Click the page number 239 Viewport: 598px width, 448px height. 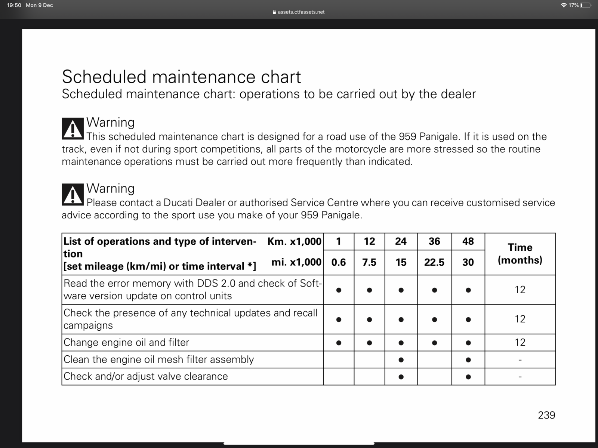(x=546, y=415)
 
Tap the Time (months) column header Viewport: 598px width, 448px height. (x=520, y=254)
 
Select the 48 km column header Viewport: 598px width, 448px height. (x=468, y=241)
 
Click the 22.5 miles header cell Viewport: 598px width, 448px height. (x=434, y=262)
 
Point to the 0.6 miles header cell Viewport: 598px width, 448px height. (x=338, y=262)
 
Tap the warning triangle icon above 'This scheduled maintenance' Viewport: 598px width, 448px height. (x=73, y=129)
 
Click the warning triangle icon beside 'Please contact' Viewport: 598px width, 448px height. (x=73, y=195)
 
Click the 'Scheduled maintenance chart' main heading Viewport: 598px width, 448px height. (x=181, y=77)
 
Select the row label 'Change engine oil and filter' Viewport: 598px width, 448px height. (x=126, y=342)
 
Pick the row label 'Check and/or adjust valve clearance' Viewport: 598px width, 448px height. (x=146, y=376)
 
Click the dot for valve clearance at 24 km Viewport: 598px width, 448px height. (x=401, y=377)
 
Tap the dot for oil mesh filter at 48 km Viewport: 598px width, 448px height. (x=468, y=360)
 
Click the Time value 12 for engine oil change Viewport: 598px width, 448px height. (x=520, y=342)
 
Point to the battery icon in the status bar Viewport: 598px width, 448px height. (x=586, y=5)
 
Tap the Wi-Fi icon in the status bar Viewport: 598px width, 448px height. (x=564, y=5)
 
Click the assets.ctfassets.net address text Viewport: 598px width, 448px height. (x=301, y=12)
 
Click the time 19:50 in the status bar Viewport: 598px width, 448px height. (x=14, y=5)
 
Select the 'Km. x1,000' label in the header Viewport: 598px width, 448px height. (x=294, y=241)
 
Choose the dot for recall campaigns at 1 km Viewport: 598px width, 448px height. (x=338, y=319)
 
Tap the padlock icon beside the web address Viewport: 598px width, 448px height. (x=274, y=12)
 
